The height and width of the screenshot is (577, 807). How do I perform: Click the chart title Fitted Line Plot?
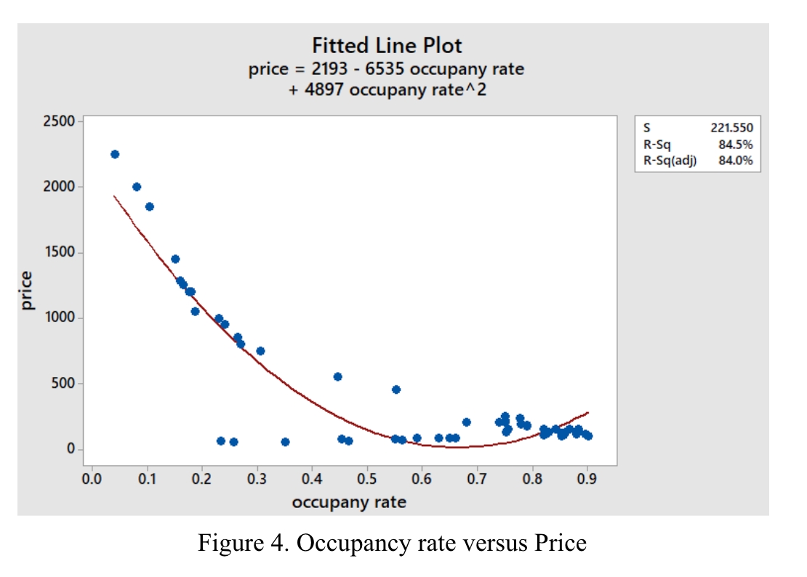[x=387, y=46]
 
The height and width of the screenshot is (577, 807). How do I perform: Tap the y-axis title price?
[x=27, y=291]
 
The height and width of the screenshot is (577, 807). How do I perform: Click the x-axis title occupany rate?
[x=349, y=502]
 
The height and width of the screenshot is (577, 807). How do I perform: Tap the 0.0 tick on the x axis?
[x=92, y=480]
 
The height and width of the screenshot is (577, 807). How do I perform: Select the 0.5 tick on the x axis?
[x=366, y=480]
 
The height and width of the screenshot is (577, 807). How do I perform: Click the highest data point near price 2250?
[x=115, y=154]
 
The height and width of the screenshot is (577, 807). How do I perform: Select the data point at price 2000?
[x=137, y=187]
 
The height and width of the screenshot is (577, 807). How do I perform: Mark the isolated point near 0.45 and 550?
[x=337, y=376]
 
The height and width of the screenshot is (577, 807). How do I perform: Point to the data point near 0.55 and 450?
[x=396, y=390]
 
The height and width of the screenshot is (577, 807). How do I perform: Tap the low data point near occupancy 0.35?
[x=285, y=442]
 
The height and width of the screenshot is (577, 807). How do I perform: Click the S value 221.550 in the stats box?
[x=731, y=128]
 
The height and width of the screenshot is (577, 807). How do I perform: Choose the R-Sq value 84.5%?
[x=735, y=145]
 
